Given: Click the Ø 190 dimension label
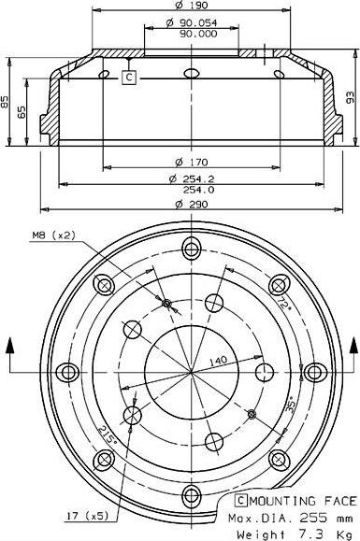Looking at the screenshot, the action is click(x=191, y=6).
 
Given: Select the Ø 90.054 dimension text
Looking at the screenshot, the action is click(x=191, y=23).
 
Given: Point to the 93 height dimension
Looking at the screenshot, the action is click(x=350, y=97).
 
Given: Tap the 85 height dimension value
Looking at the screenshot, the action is click(x=5, y=102).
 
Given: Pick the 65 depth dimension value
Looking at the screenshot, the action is click(x=22, y=112).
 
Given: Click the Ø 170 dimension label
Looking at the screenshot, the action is click(x=191, y=162).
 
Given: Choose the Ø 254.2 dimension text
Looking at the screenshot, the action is click(x=191, y=178).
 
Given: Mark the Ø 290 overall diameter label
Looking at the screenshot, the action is click(x=191, y=205).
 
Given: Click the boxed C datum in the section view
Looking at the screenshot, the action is click(x=129, y=78).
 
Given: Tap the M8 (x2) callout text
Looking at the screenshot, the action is click(x=53, y=235).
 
